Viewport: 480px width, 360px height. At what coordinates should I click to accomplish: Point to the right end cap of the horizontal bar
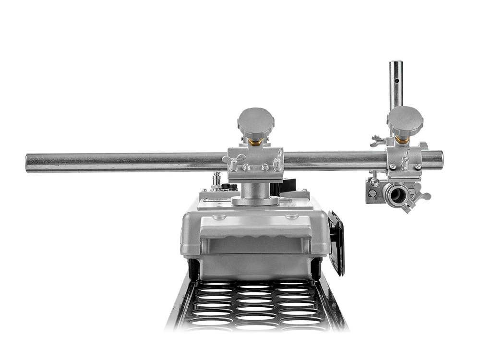pyautogui.click(x=440, y=158)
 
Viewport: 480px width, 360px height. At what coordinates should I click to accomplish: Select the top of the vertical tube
pyautogui.click(x=396, y=63)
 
